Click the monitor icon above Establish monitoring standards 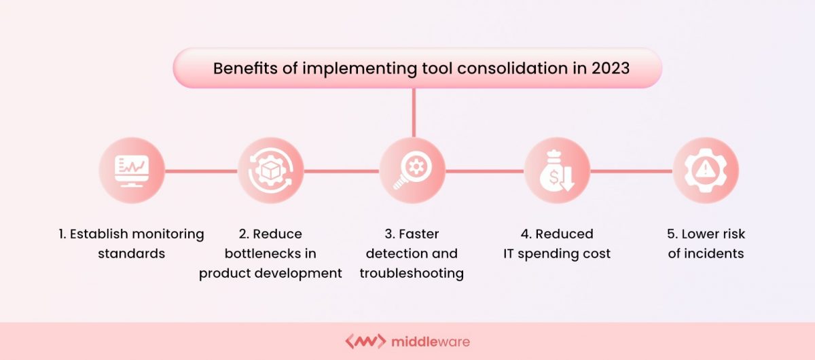tap(131, 170)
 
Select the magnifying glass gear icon tap(412, 170)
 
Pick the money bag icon tap(557, 170)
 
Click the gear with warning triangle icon tap(706, 170)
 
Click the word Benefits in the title tap(242, 69)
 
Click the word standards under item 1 tap(130, 254)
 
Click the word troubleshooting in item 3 tap(412, 274)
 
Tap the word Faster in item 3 tap(419, 234)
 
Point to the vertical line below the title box tap(413, 112)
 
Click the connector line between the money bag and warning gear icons tap(631, 170)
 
